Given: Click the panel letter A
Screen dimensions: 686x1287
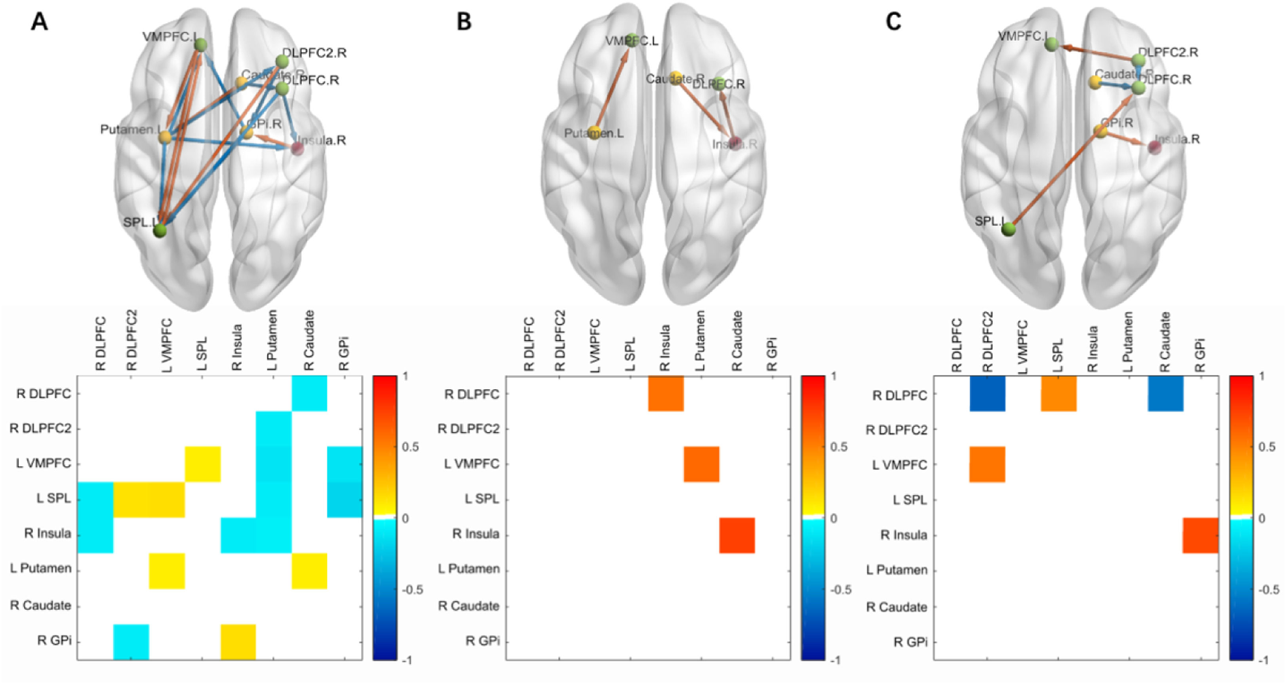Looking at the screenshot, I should (x=40, y=22).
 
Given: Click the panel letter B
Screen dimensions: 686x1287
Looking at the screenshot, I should (x=464, y=22).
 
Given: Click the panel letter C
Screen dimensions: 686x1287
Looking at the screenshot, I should (x=893, y=22).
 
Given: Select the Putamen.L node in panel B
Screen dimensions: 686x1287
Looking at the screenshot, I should (x=594, y=132).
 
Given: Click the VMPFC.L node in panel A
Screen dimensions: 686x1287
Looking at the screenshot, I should (x=201, y=46).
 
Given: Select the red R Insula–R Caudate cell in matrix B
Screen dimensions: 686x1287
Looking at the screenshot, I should (x=737, y=535).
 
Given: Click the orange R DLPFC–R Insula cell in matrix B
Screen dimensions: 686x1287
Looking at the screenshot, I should (x=666, y=393).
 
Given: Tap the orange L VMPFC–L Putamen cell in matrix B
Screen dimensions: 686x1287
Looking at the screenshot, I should (x=701, y=464).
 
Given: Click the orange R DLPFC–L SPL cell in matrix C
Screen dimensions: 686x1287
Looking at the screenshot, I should (x=1059, y=393).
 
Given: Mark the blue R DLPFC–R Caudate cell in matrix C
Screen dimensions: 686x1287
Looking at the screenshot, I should (x=1165, y=393).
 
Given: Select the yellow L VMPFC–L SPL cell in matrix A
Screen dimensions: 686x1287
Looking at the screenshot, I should (x=203, y=464).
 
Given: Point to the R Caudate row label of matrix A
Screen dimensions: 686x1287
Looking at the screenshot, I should (x=40, y=606).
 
